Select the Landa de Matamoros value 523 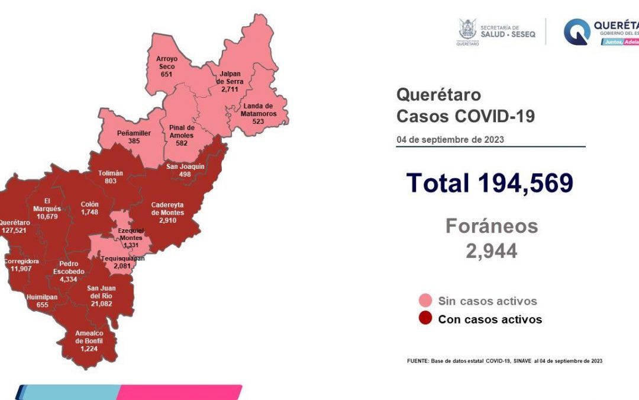coord(258,121)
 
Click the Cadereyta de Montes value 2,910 coord(167,220)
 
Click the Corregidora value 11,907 coord(21,268)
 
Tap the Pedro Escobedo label coord(72,268)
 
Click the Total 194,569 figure coord(489,183)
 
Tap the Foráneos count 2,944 coord(491,251)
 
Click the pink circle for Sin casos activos coord(425,300)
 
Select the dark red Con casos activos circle coord(425,319)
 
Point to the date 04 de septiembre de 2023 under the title coord(450,140)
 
